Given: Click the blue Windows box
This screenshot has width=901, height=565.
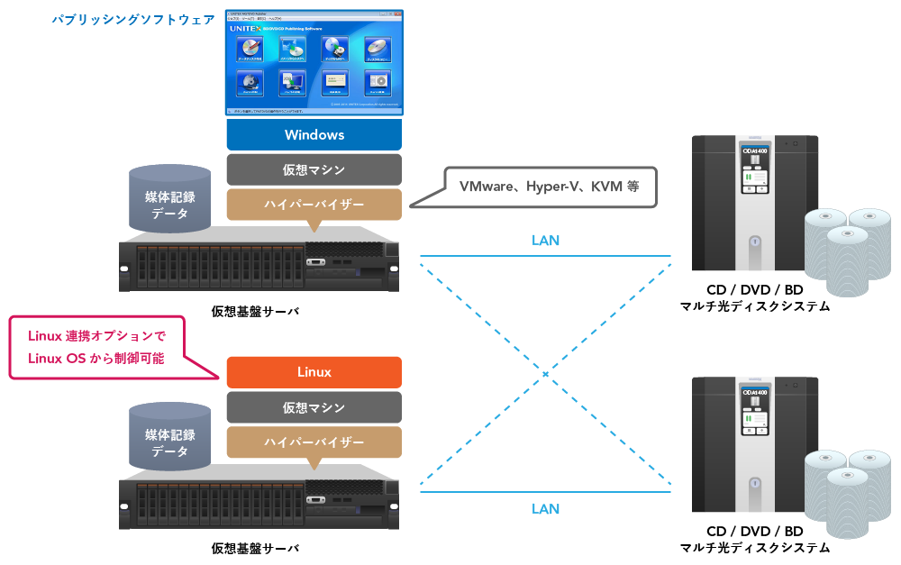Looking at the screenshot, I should (x=314, y=135).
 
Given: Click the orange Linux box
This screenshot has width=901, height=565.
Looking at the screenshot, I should (x=314, y=372).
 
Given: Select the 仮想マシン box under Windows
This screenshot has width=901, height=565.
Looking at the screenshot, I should (x=314, y=169).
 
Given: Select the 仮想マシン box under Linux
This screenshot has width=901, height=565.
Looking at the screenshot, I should (x=314, y=407).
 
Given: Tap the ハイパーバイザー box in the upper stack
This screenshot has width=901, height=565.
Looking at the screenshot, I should (x=314, y=205).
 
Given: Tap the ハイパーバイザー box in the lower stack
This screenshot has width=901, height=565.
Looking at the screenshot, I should (x=314, y=442).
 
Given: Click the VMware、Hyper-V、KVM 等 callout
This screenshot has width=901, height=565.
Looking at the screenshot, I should (x=550, y=187).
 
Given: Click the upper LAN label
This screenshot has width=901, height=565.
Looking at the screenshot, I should (x=545, y=241).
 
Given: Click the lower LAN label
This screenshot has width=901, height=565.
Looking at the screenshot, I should (x=545, y=509).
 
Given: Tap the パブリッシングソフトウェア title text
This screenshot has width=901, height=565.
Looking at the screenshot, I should (x=132, y=19).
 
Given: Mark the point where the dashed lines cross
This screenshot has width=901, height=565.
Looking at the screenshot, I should (x=545, y=373).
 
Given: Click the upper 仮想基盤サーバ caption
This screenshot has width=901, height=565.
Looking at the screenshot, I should (x=255, y=311).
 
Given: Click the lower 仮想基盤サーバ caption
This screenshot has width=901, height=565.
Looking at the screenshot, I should (x=255, y=548).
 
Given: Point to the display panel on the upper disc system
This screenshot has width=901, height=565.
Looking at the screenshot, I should (x=754, y=169).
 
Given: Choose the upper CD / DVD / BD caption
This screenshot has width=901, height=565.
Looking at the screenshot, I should (x=754, y=290).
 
